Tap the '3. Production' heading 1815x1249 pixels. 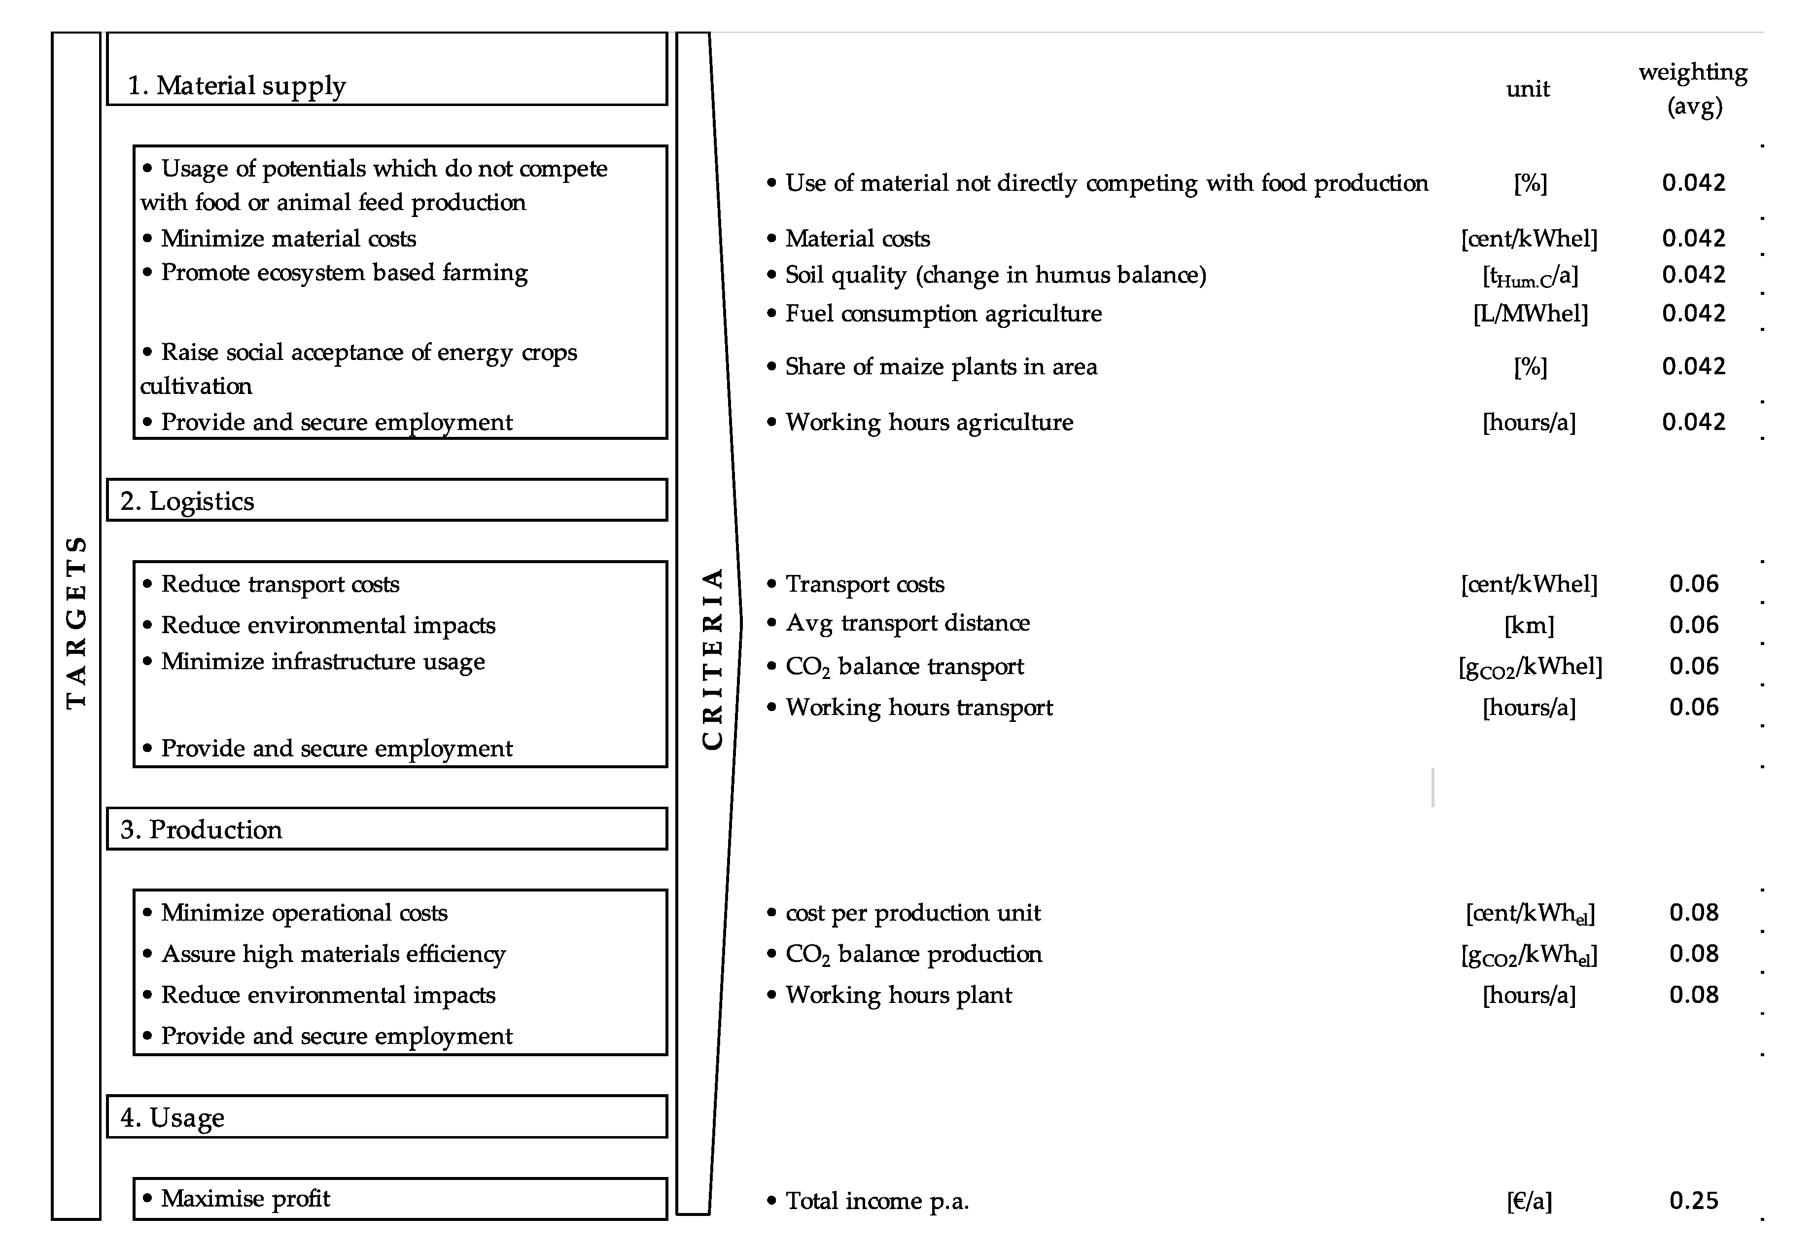coord(201,829)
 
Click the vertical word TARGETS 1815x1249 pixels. coord(76,623)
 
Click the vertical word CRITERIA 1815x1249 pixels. coord(712,659)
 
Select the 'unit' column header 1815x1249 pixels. coord(1527,89)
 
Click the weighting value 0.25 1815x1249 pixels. coord(1694,1201)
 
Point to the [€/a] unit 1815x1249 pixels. coord(1529,1201)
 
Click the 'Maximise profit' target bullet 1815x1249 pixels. coord(245,1199)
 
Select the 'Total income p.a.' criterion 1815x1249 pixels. coord(876,1201)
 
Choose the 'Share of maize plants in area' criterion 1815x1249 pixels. coord(941,367)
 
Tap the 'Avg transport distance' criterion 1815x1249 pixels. coord(907,623)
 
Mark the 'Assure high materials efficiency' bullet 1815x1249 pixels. coord(333,954)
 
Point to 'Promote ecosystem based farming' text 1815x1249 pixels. coord(344,272)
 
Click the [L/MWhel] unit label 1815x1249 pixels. coord(1530,314)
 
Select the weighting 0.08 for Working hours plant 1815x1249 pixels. coord(1694,995)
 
